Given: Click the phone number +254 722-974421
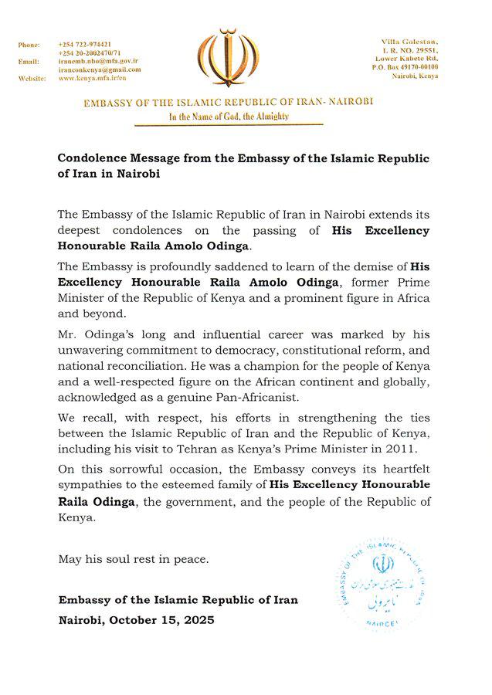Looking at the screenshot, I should (85, 44).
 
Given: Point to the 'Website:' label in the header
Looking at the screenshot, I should (32, 79).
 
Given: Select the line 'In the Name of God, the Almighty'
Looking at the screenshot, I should (229, 117).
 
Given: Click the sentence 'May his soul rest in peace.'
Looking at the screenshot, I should (134, 558).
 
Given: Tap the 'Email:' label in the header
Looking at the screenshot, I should (29, 61).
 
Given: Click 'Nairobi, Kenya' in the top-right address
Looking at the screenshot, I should (418, 76).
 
